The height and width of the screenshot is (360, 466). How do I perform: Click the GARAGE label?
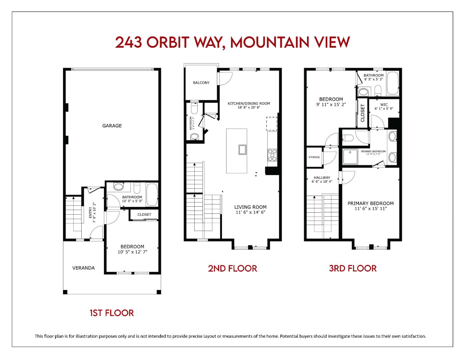(x=112, y=126)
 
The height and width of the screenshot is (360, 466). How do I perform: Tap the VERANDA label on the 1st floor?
(x=83, y=268)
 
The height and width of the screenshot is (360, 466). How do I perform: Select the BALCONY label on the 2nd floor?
(x=201, y=83)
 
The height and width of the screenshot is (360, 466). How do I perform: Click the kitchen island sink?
(x=242, y=150)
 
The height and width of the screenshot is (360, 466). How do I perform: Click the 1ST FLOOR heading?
(x=112, y=313)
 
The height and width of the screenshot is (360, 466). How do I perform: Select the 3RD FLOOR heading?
(x=353, y=268)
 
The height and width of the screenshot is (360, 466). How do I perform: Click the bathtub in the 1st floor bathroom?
(x=152, y=195)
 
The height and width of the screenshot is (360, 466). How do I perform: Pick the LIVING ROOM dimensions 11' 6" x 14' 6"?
(x=250, y=212)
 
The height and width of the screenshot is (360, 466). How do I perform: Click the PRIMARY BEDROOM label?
(x=370, y=203)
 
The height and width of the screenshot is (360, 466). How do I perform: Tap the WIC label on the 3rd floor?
(x=384, y=105)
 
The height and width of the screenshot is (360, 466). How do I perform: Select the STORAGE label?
(x=314, y=157)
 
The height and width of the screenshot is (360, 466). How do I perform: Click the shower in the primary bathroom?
(x=350, y=157)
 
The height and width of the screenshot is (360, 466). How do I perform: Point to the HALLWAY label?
(x=322, y=178)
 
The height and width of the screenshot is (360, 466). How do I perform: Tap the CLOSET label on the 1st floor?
(x=144, y=214)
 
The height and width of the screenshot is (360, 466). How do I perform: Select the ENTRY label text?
(x=90, y=213)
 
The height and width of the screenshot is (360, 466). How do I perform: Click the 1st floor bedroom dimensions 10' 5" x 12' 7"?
(x=132, y=252)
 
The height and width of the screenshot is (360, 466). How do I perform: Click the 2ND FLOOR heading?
(x=232, y=268)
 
